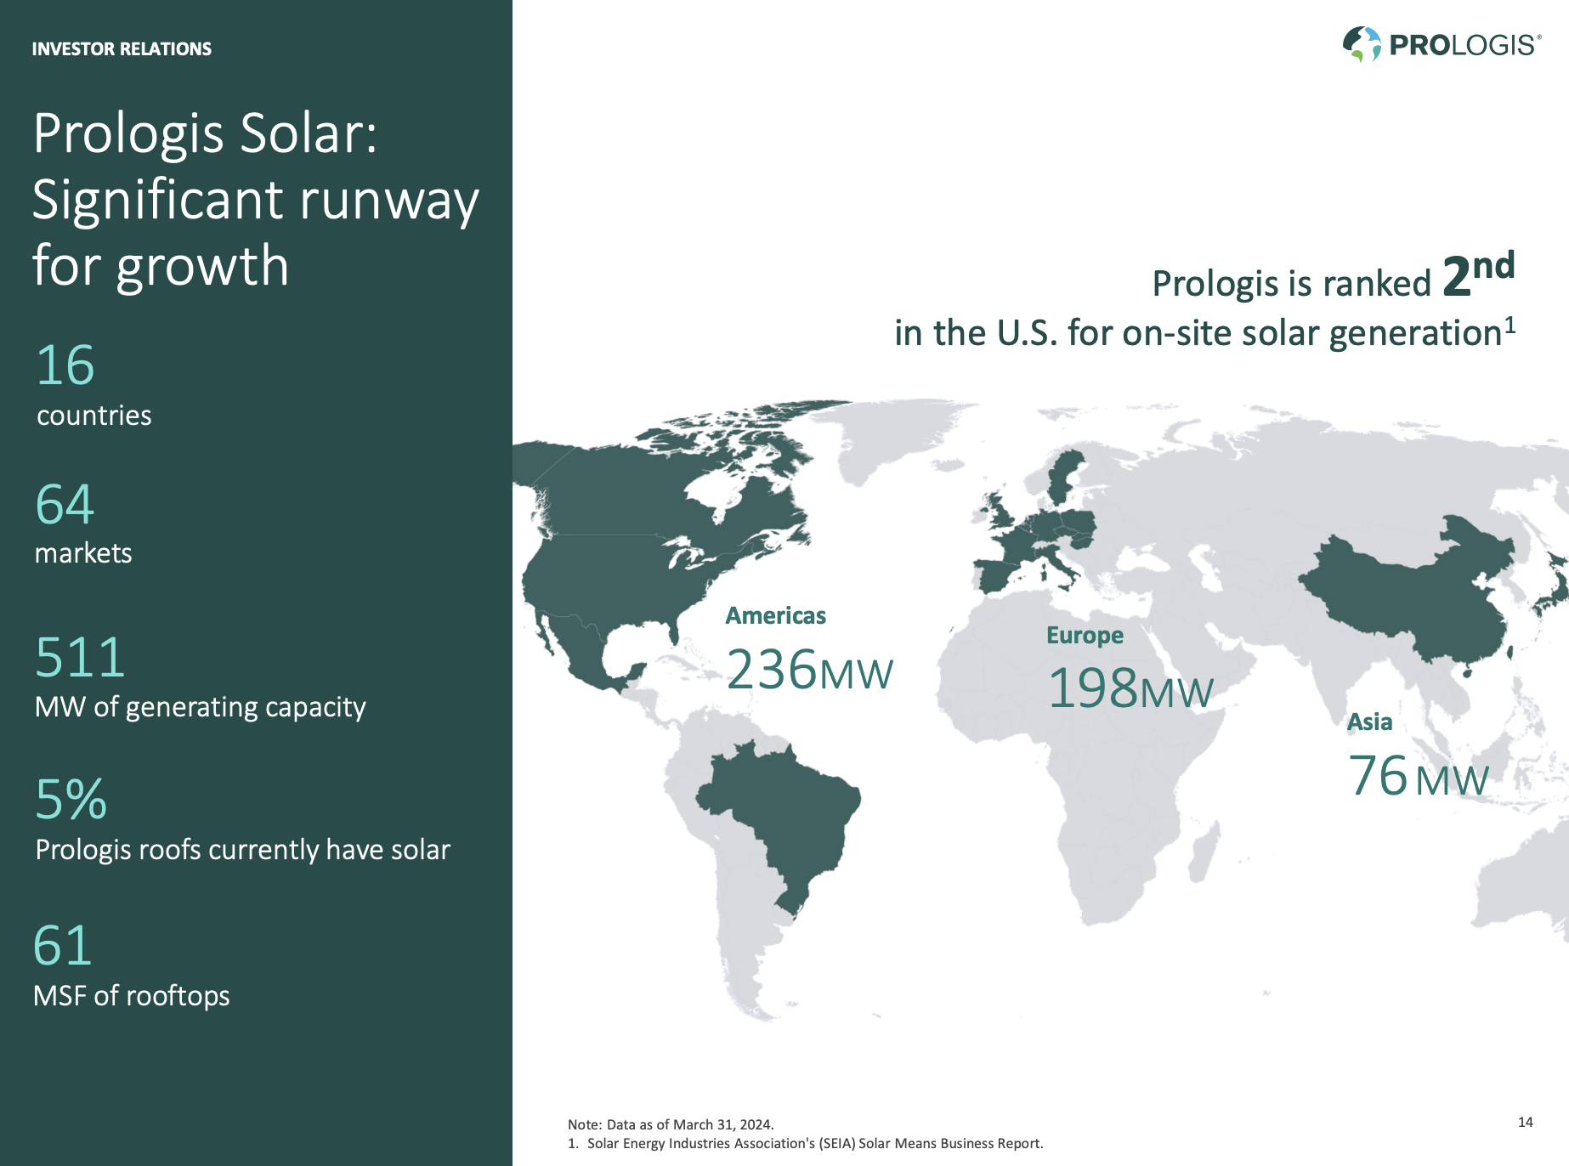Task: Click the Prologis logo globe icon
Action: [1362, 44]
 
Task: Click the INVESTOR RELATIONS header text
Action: [122, 49]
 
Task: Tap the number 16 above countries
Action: [65, 365]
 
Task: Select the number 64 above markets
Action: [65, 504]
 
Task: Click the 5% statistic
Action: [71, 800]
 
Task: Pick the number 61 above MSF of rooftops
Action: [62, 945]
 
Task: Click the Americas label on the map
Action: [775, 615]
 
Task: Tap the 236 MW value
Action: [809, 671]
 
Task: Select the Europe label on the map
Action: [1085, 635]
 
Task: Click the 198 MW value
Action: [1130, 688]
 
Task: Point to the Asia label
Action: [1369, 722]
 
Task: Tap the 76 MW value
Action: [1418, 777]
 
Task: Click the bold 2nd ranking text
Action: [1478, 275]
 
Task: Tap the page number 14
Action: [1525, 1122]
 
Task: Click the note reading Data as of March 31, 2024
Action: [671, 1124]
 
